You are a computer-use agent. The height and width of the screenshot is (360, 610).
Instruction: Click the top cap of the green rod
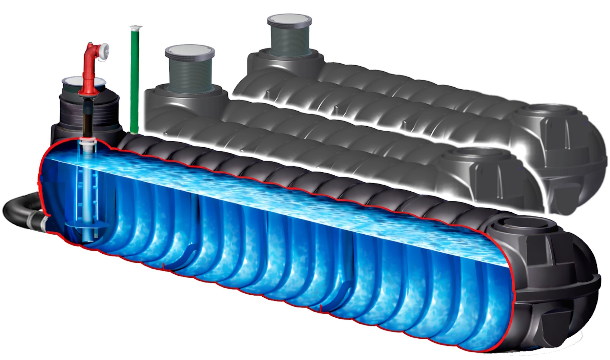[x=136, y=27]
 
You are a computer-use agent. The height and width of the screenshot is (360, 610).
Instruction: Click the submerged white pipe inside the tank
[x=88, y=190]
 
